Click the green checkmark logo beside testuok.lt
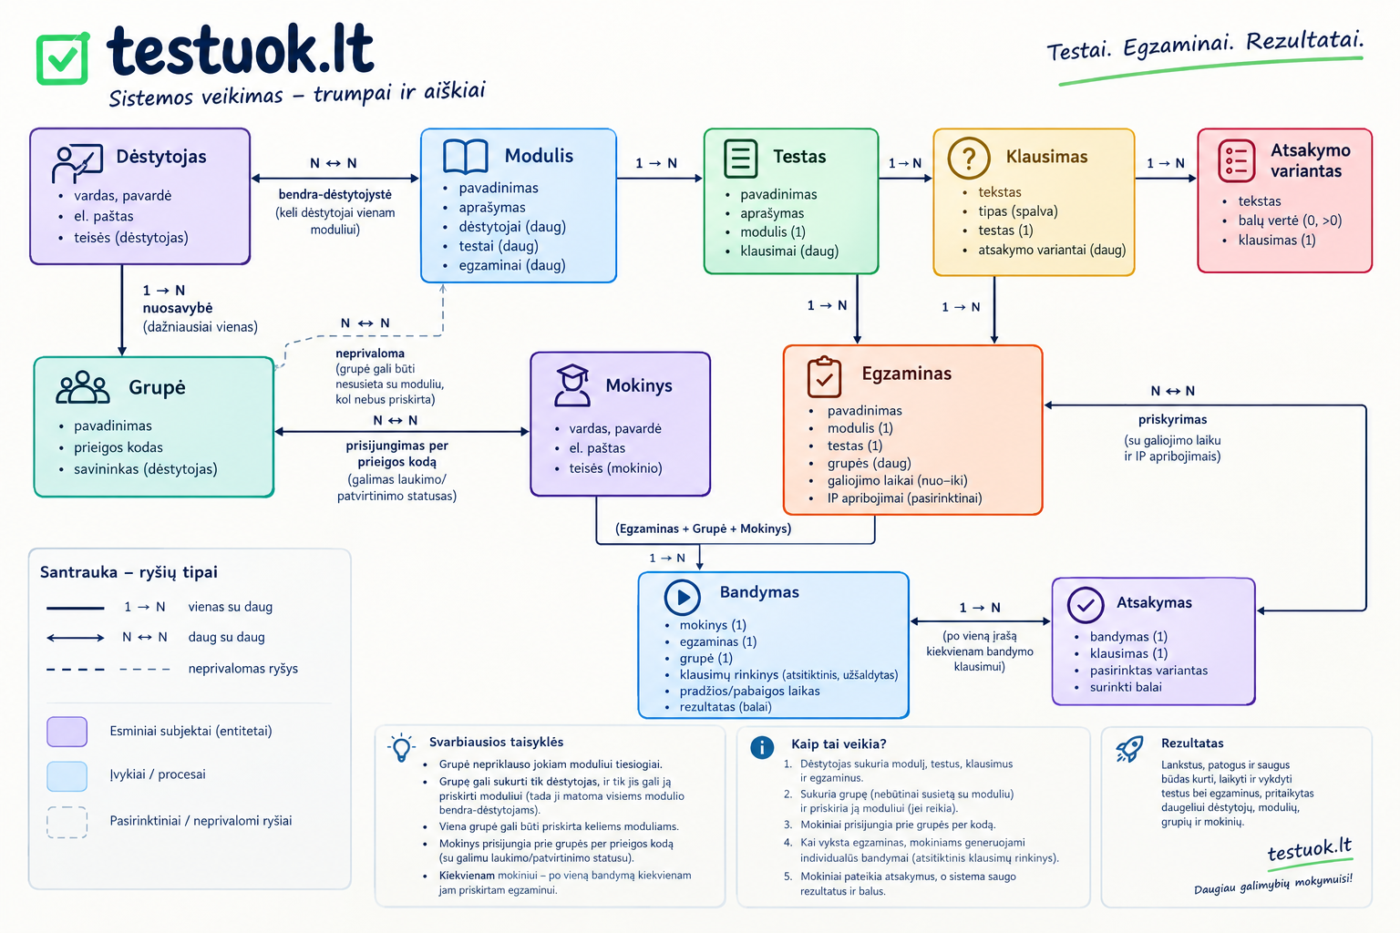[63, 58]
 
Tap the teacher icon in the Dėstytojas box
[77, 164]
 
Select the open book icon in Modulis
[465, 156]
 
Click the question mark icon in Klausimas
[969, 159]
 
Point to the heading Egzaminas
[906, 373]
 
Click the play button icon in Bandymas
[682, 597]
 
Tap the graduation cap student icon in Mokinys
[572, 385]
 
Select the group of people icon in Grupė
[83, 387]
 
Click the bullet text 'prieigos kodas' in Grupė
[118, 447]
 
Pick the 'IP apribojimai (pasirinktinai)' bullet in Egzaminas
[904, 498]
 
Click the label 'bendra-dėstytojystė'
[335, 194]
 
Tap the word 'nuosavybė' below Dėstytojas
[178, 308]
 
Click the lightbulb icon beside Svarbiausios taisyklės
[401, 747]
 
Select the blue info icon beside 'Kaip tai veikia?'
[762, 747]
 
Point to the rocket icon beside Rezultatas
[1130, 748]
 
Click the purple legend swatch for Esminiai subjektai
[67, 732]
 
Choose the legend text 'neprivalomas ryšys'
[243, 669]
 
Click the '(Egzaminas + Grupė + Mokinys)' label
[703, 528]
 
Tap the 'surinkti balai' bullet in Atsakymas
[1126, 687]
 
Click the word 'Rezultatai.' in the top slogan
[1304, 41]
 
